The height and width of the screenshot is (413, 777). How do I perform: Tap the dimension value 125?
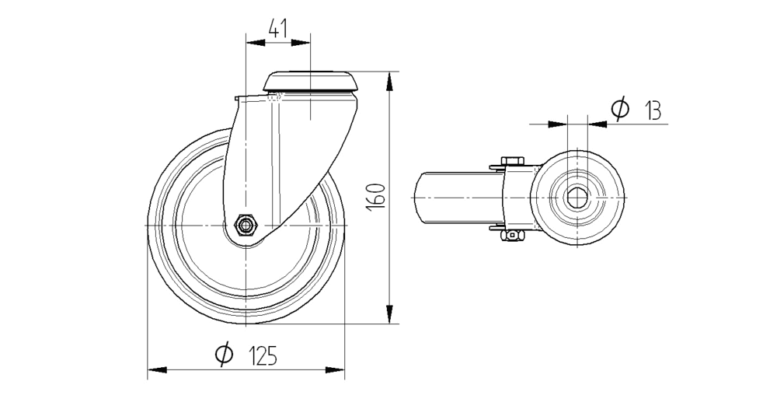coord(263,356)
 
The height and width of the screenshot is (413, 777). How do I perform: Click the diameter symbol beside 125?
coord(223,355)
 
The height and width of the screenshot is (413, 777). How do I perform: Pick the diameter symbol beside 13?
coord(619,110)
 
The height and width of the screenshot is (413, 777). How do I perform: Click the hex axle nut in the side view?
coord(246,226)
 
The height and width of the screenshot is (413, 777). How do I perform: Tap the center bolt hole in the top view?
coord(577,198)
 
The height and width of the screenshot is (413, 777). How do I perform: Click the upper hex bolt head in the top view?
coord(511,161)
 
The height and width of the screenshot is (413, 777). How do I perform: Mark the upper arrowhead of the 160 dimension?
coord(388,79)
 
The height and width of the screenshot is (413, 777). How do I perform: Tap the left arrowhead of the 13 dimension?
coord(559,123)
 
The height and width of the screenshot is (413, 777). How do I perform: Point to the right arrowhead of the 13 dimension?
coord(596,123)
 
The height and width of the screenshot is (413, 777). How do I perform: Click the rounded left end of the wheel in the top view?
coord(417,198)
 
